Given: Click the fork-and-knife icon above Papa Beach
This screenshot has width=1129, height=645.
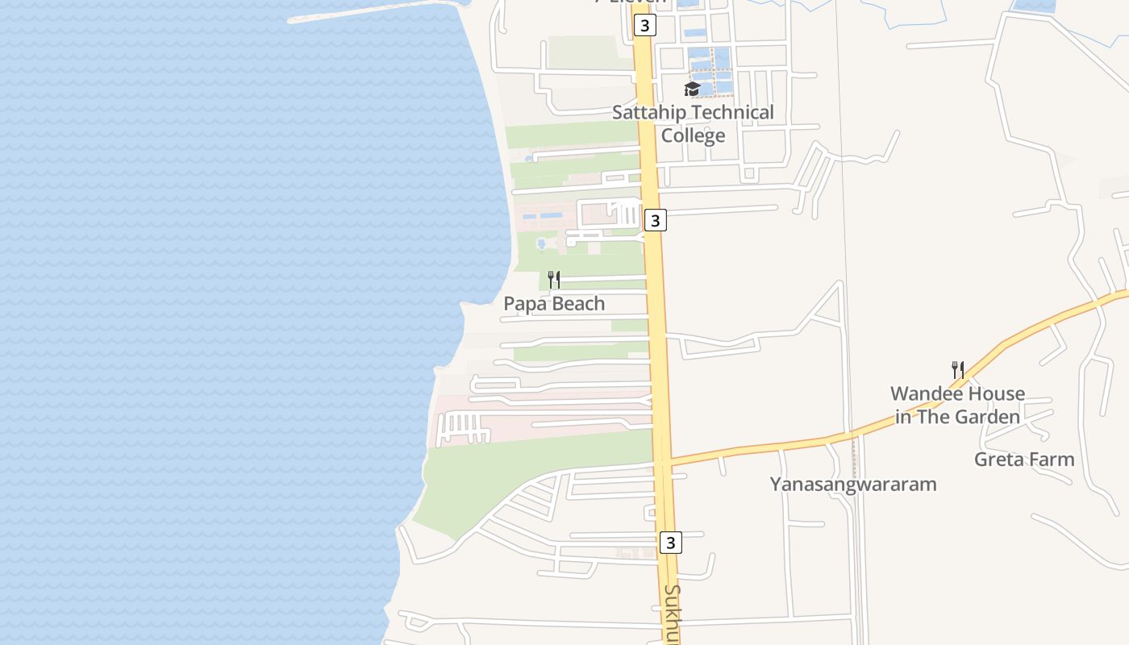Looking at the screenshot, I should click(x=554, y=280).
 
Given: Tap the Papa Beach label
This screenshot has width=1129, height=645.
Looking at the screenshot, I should click(x=554, y=304).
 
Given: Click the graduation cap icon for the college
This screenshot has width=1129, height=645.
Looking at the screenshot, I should click(x=692, y=89).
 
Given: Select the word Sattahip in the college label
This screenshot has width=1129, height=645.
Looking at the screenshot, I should click(x=649, y=112).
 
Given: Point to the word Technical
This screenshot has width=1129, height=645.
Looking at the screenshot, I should click(x=732, y=112).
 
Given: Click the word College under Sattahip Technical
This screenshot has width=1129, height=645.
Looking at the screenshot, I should click(x=693, y=135).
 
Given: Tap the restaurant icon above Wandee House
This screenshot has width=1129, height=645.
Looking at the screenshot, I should click(x=958, y=370).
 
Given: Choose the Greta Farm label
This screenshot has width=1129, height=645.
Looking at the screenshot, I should click(x=1024, y=460).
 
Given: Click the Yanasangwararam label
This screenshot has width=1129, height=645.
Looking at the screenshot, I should click(x=853, y=485).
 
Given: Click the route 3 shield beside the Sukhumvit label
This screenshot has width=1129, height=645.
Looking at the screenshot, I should click(x=670, y=543).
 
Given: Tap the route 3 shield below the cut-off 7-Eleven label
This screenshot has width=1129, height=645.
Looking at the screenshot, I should click(x=644, y=26).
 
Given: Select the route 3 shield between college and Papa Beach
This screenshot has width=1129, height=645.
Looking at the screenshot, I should click(x=656, y=219).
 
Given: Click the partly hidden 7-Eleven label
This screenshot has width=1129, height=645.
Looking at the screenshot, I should click(x=631, y=2).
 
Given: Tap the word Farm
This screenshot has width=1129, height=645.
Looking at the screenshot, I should click(x=1053, y=460).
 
